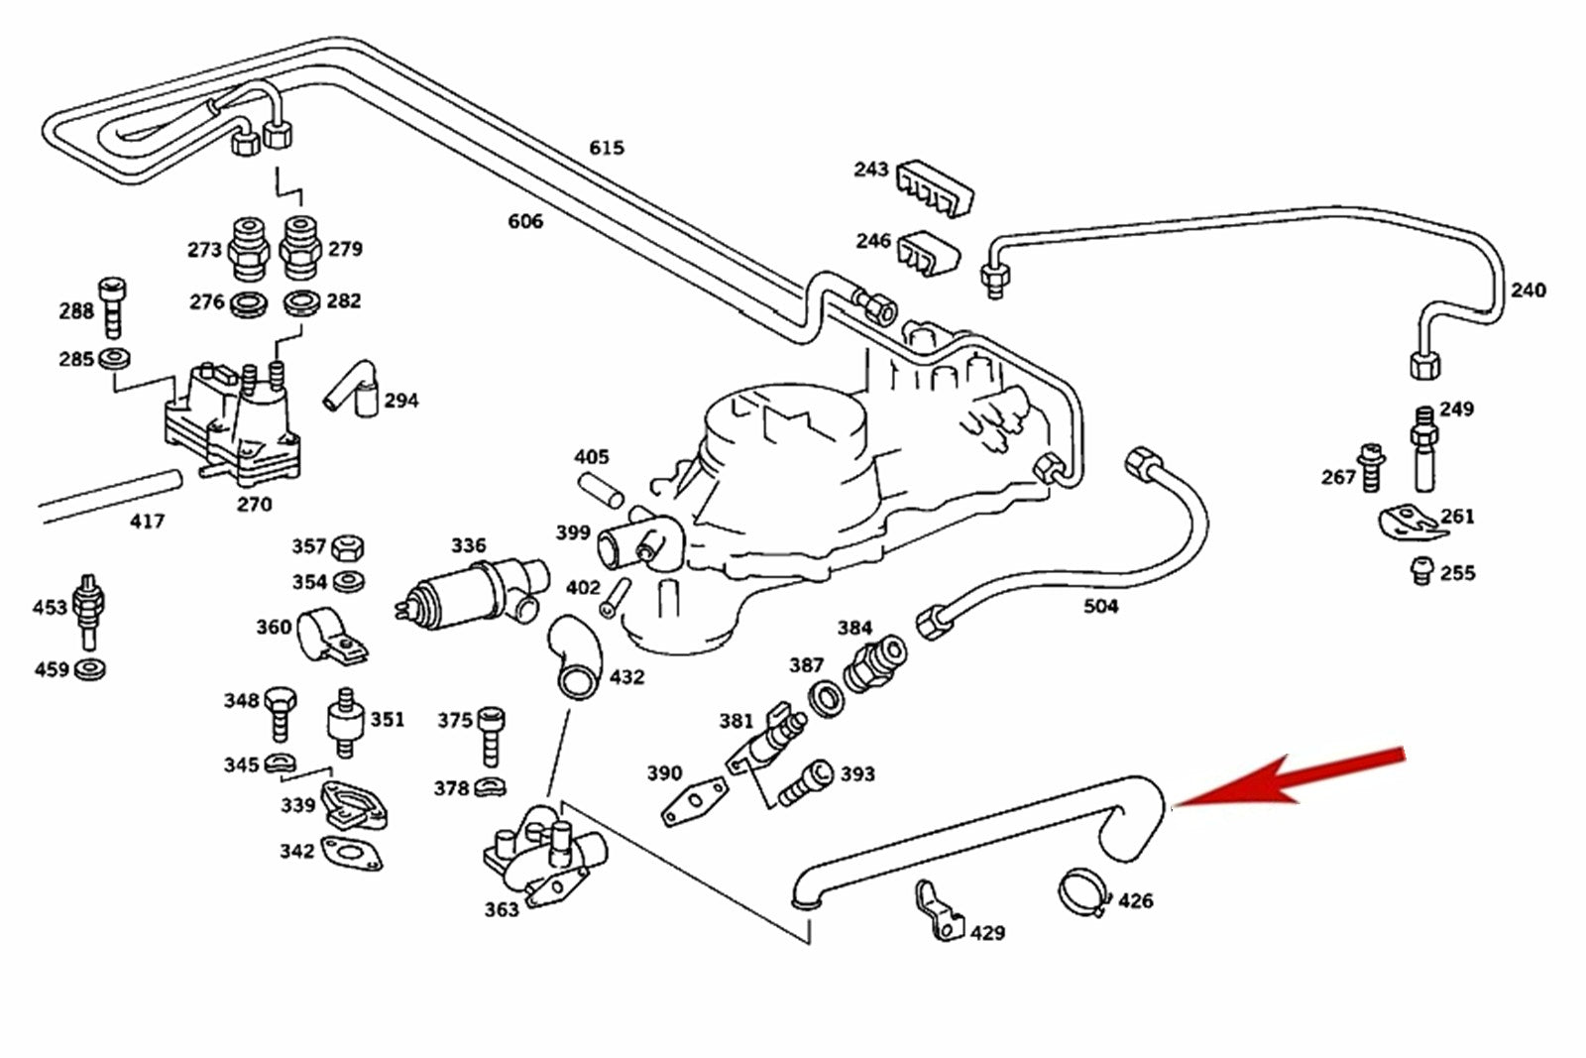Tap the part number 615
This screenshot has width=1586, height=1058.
tap(607, 148)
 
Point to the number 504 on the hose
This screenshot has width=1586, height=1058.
tap(1100, 606)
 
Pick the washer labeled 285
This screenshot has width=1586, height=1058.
tap(115, 358)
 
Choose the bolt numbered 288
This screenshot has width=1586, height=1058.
tap(113, 307)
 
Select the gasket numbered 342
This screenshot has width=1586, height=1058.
tap(352, 853)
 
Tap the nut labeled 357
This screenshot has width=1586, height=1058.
tap(347, 546)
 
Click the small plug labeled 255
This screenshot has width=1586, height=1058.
tap(1422, 570)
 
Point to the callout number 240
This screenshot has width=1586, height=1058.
tap(1528, 291)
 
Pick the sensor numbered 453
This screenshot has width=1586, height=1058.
tap(90, 607)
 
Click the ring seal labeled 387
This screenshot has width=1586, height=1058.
tap(826, 698)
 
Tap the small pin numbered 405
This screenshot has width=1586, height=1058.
tap(601, 487)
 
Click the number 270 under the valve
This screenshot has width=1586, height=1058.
tap(254, 505)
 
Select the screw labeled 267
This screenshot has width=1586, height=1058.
tap(1372, 468)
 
